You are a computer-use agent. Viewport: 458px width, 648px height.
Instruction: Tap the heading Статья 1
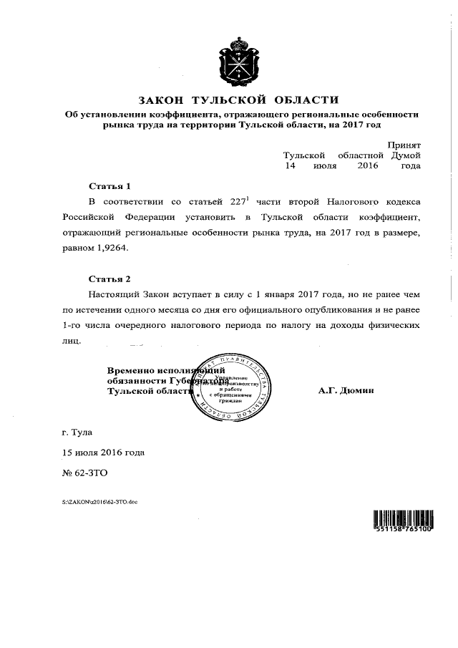pos(110,185)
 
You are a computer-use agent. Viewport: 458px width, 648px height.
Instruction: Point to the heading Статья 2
pos(110,278)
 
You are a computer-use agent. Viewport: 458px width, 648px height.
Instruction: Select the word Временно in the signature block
pos(131,371)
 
